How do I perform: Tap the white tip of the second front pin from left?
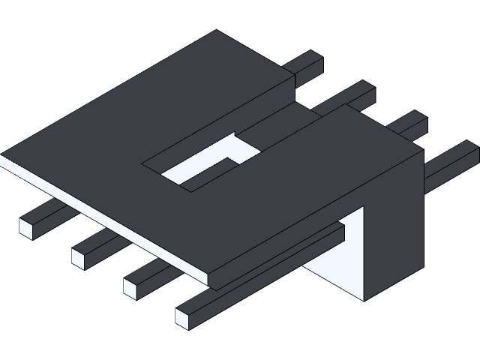tap(78, 259)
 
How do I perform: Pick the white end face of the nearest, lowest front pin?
tap(183, 317)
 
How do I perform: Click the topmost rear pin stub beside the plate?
tap(306, 65)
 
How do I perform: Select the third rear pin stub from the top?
tap(409, 124)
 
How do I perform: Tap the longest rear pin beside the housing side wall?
tap(450, 162)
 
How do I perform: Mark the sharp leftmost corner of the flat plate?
tap(2, 157)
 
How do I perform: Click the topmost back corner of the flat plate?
tap(217, 31)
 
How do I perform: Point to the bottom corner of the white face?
tap(363, 300)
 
